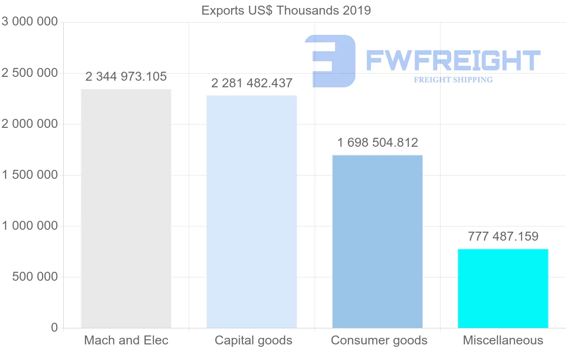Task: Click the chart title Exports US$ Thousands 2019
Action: tap(286, 10)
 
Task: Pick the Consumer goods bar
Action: tap(377, 241)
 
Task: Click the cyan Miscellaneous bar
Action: tap(503, 288)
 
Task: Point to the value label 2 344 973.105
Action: tap(126, 76)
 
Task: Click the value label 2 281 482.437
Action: tap(252, 83)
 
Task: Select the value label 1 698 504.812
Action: tap(377, 142)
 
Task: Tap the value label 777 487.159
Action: tap(503, 236)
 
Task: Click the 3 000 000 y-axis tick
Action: tap(30, 22)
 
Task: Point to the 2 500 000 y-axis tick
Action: tap(30, 73)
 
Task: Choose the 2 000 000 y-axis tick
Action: tap(30, 124)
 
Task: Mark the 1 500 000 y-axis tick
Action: tap(30, 175)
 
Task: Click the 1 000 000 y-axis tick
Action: tap(30, 226)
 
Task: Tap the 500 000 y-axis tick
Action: tap(34, 277)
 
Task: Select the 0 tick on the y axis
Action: tap(54, 328)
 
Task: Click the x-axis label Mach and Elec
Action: tap(126, 341)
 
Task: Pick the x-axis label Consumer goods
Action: tap(379, 341)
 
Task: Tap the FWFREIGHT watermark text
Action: tap(453, 60)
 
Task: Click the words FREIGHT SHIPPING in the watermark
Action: tap(453, 80)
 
